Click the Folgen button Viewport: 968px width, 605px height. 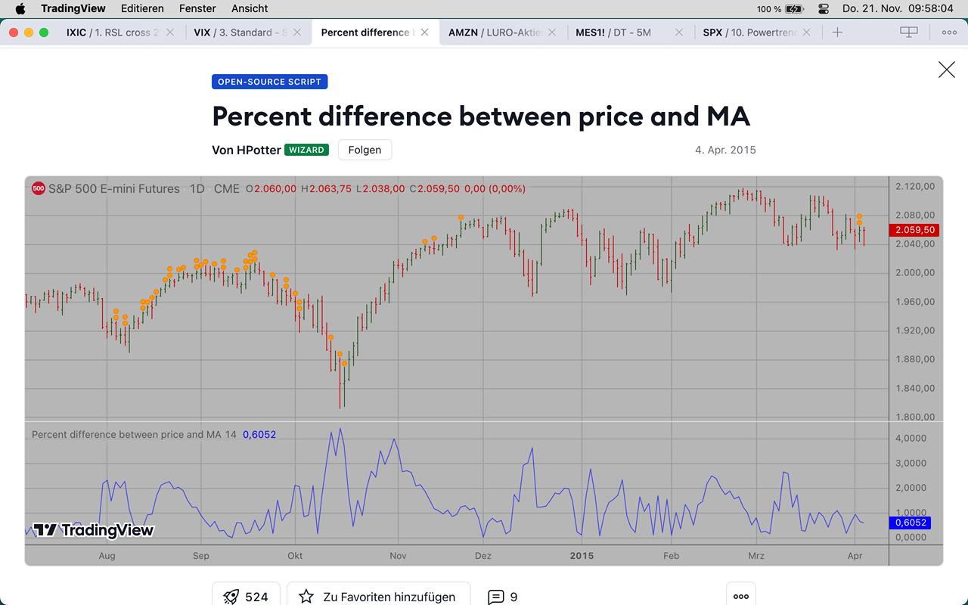point(365,150)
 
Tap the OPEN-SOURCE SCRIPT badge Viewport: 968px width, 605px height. point(269,82)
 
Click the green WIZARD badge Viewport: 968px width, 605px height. point(306,150)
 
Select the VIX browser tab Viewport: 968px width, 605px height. point(240,33)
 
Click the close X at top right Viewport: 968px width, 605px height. point(946,70)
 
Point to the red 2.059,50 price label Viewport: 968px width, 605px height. point(915,230)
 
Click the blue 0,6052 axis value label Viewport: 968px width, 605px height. point(911,523)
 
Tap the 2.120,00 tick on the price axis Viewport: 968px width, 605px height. point(914,186)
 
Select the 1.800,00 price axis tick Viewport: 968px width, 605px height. point(914,417)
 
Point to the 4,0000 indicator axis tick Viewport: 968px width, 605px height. point(911,438)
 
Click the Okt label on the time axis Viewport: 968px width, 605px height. point(295,556)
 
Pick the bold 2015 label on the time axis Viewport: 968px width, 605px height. point(582,556)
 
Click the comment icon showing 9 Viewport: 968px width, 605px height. point(503,597)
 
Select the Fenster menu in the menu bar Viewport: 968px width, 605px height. point(197,8)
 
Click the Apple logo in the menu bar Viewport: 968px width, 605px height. point(20,8)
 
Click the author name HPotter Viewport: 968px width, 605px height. point(259,150)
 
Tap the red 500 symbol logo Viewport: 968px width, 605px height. point(39,188)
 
